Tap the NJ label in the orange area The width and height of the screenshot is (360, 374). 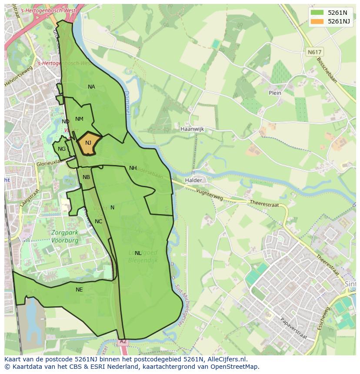click(x=88, y=143)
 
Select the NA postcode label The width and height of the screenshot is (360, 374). click(x=91, y=87)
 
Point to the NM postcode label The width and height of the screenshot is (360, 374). click(x=79, y=119)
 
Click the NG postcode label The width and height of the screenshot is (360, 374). click(x=62, y=149)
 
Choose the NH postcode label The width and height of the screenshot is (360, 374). click(x=133, y=168)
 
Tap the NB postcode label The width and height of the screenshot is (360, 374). click(x=86, y=177)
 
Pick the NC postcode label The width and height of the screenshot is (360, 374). click(x=98, y=222)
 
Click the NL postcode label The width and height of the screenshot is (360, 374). click(x=138, y=253)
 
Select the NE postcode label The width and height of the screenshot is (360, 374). click(x=79, y=290)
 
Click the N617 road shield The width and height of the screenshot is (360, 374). click(x=314, y=52)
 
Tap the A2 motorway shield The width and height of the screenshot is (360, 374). click(x=123, y=342)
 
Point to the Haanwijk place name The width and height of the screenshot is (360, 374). click(x=192, y=129)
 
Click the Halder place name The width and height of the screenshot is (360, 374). click(x=193, y=180)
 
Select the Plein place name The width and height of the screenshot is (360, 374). click(x=275, y=93)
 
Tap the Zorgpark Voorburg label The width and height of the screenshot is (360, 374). click(x=65, y=236)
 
